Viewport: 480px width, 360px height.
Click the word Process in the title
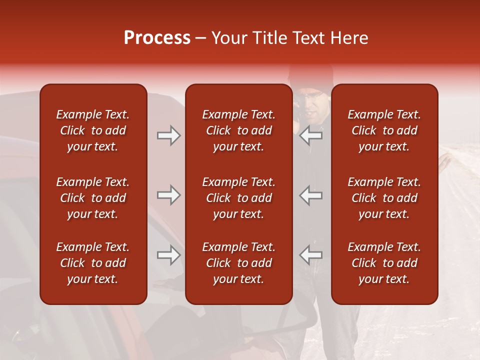157,38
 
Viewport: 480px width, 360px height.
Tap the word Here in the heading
349,38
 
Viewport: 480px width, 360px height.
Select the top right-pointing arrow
169,135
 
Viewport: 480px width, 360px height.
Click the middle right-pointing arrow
169,195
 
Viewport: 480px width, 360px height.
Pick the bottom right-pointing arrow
169,255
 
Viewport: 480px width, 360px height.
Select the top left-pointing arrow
311,135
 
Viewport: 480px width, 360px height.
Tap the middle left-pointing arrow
311,195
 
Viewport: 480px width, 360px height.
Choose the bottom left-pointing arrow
311,255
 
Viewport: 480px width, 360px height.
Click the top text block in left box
93,130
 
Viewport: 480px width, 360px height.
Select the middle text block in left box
93,198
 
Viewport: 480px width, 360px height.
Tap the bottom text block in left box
93,263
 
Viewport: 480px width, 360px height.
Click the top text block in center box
238,130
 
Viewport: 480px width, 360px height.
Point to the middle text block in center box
238,198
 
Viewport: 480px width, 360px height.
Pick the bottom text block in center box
238,263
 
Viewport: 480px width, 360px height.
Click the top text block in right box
384,130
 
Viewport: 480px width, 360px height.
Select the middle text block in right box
384,198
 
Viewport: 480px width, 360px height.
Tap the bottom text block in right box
384,263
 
